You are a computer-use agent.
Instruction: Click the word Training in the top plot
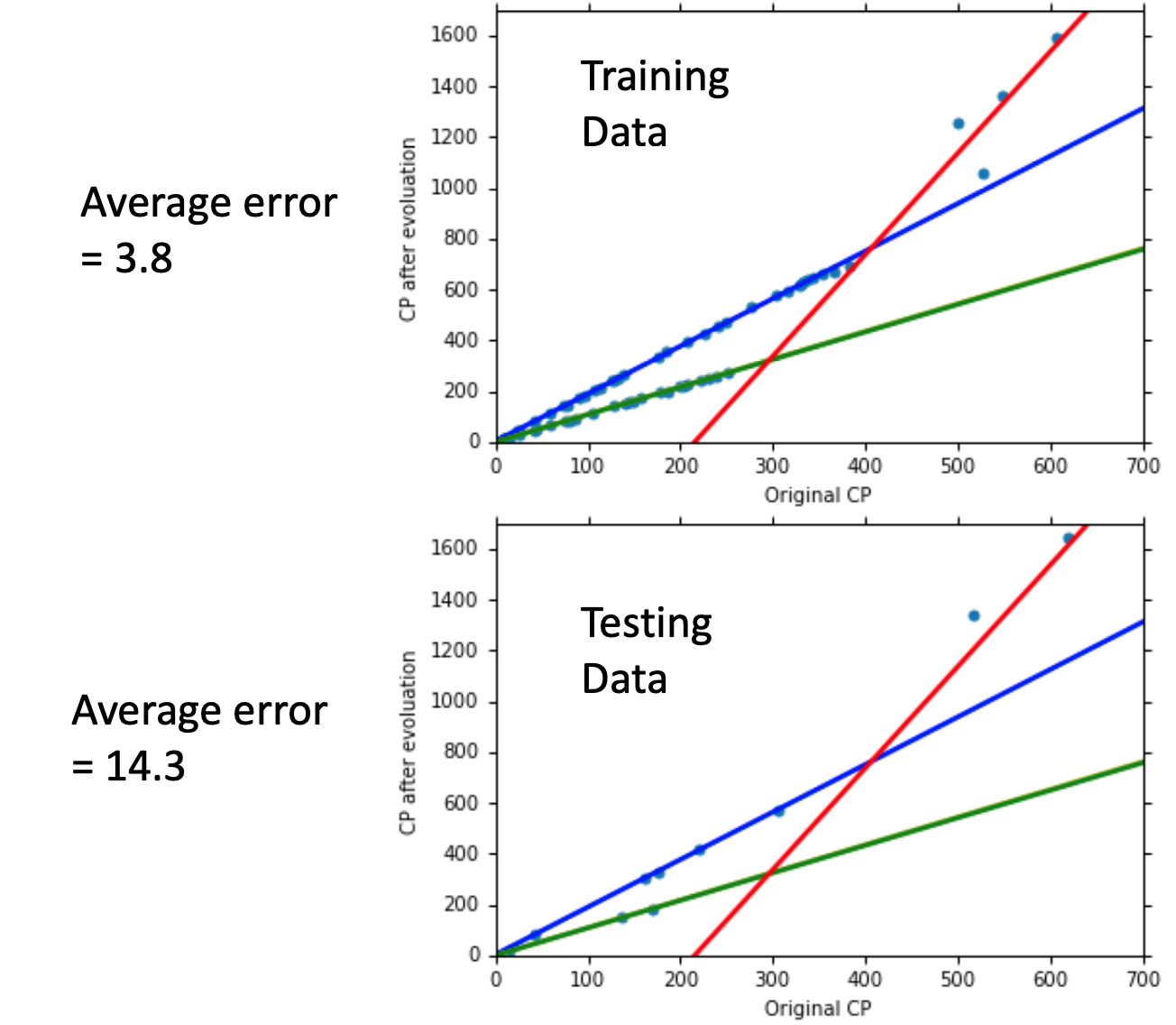click(655, 78)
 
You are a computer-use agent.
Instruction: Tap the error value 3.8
click(142, 259)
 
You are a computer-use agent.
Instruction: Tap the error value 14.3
click(145, 766)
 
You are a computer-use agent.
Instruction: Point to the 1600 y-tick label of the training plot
click(455, 36)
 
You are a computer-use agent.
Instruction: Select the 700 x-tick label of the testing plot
click(1144, 980)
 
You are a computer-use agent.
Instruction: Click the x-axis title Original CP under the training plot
click(818, 495)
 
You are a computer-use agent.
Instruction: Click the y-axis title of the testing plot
click(409, 743)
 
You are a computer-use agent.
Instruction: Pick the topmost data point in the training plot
click(1057, 39)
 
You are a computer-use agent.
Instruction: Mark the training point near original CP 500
click(959, 124)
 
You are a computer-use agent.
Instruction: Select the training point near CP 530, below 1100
click(984, 174)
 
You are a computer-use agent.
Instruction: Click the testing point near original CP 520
click(974, 616)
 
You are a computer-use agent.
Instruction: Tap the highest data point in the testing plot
click(1069, 539)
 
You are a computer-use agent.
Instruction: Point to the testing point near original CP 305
click(778, 811)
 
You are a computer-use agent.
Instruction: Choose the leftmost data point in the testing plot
click(535, 936)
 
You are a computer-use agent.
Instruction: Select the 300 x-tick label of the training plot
click(774, 466)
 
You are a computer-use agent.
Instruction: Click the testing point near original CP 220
click(699, 850)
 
